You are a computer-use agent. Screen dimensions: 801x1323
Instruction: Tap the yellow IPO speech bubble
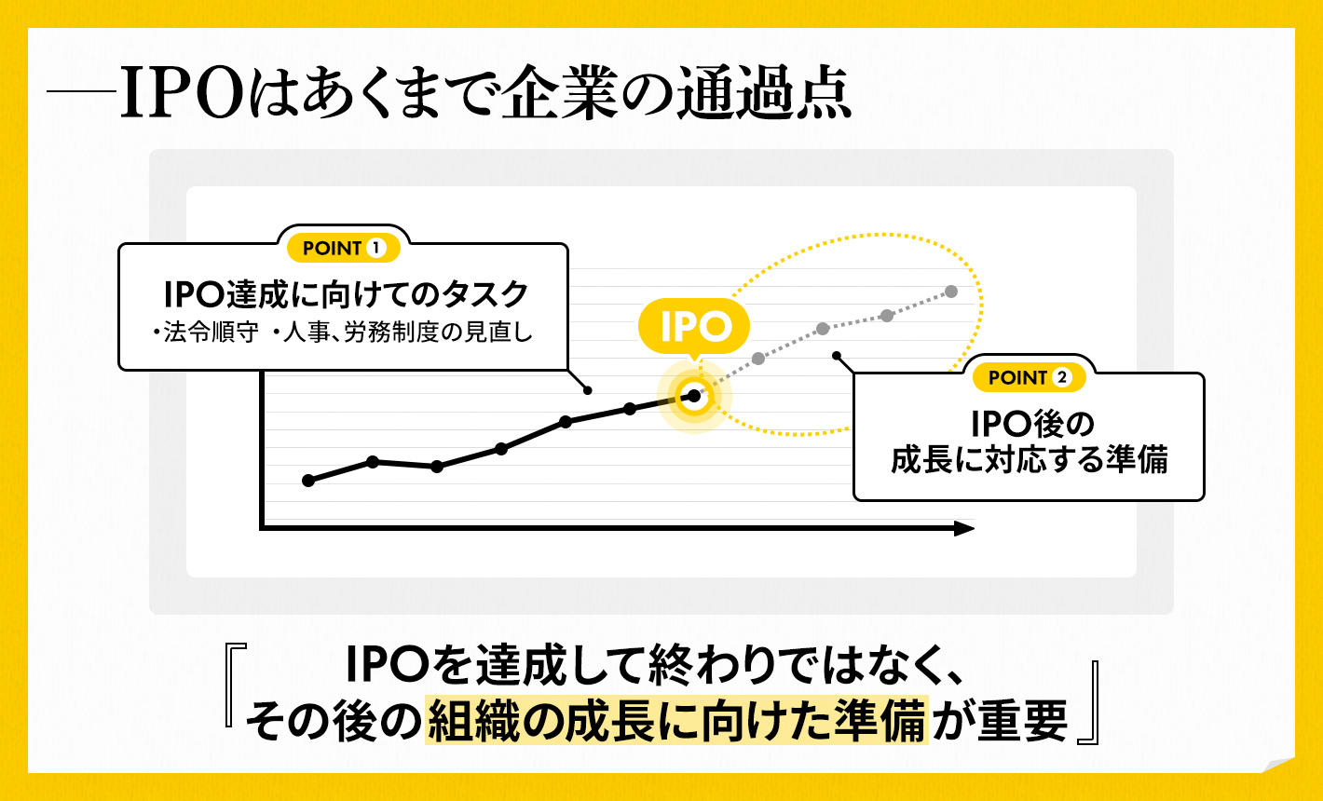(x=693, y=327)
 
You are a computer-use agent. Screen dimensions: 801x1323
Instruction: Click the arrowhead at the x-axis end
(x=964, y=529)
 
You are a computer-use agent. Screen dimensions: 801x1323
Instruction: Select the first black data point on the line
(x=309, y=481)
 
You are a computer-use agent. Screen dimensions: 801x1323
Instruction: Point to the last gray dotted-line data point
(x=951, y=292)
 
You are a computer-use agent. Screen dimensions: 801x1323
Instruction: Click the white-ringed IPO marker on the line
(x=693, y=396)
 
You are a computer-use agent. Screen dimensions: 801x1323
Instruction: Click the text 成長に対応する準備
(x=1029, y=460)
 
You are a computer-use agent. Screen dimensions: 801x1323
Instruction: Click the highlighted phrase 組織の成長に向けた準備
(x=676, y=720)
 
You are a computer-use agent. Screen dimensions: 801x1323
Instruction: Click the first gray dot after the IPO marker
(x=758, y=358)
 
